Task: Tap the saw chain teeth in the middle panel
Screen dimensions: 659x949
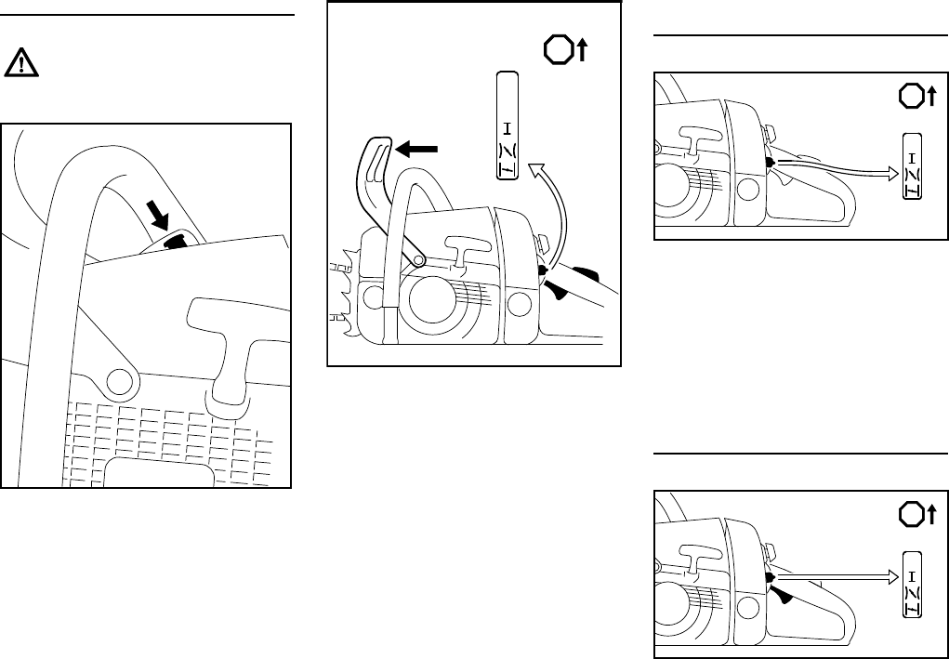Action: click(x=336, y=288)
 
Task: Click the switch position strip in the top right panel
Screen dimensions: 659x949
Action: click(x=915, y=165)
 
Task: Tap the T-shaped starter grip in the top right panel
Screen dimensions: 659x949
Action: click(x=693, y=138)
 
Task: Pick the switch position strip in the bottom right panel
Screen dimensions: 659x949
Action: click(x=915, y=583)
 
